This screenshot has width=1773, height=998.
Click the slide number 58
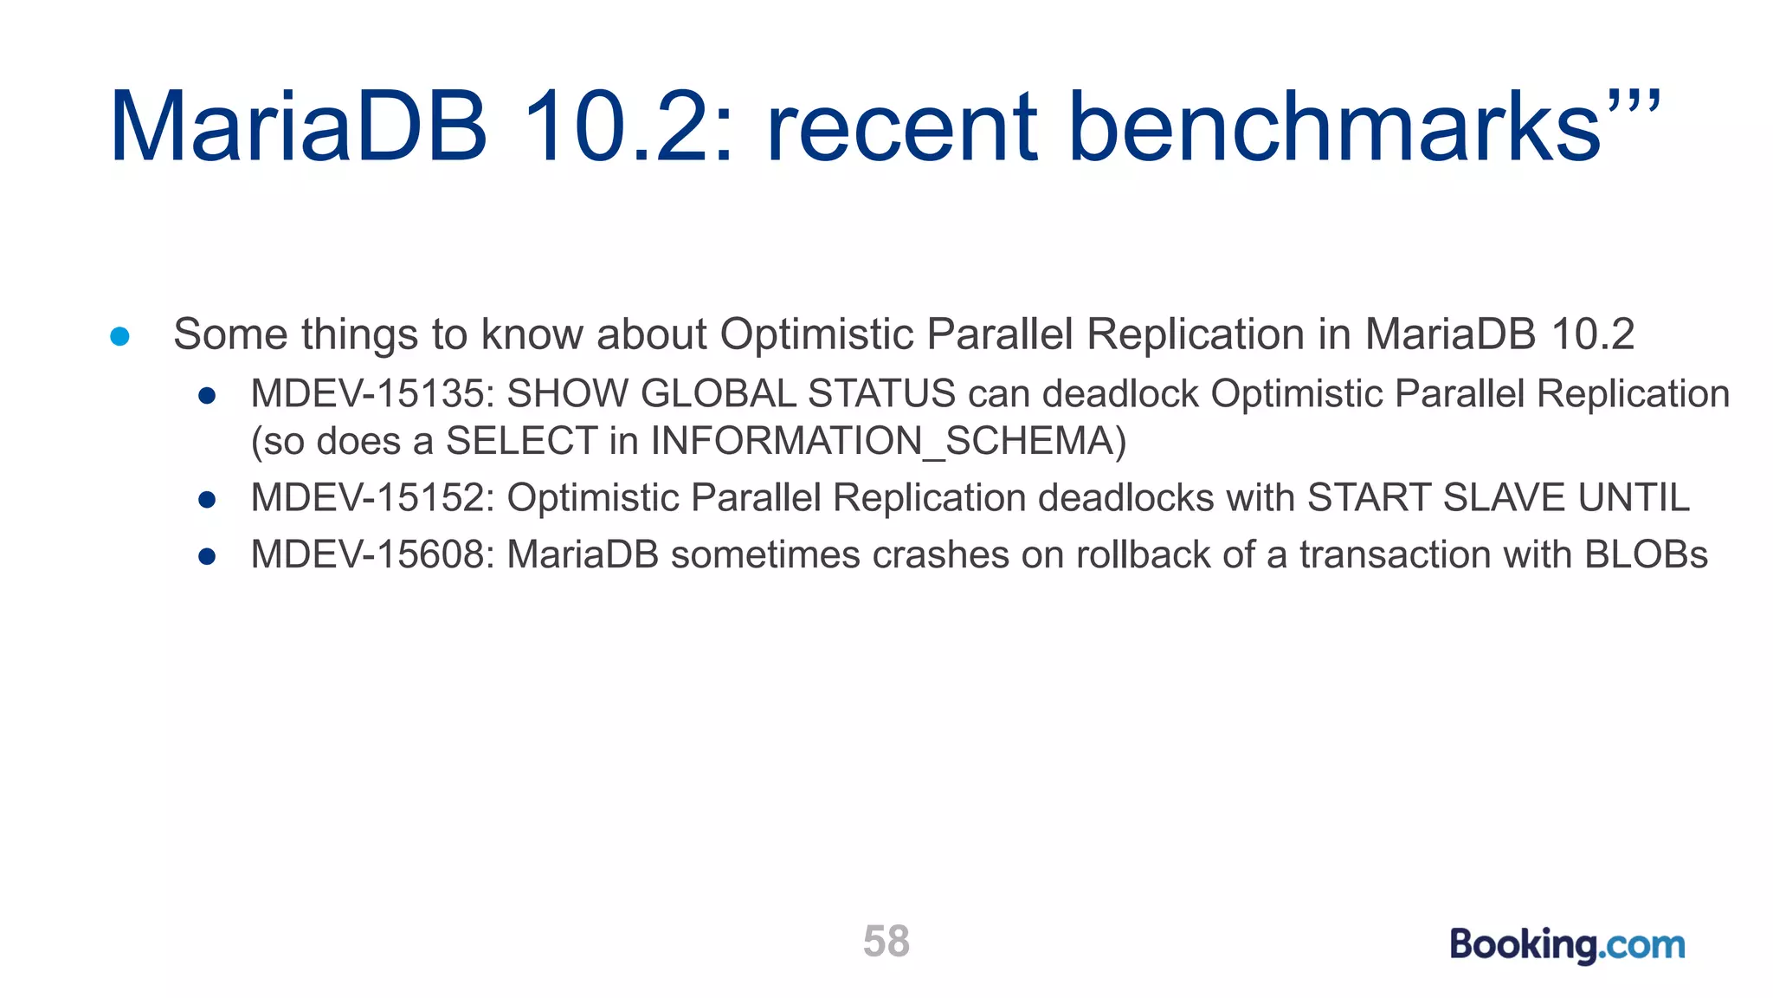coord(886,941)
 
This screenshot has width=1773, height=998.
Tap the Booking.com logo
coord(1567,944)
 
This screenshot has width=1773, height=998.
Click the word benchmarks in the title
coord(1336,128)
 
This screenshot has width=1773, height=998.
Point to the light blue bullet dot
coord(120,336)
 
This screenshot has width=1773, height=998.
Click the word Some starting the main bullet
coord(230,334)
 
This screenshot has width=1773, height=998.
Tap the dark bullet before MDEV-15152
coord(207,500)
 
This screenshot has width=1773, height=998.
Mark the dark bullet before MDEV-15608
coord(207,557)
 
